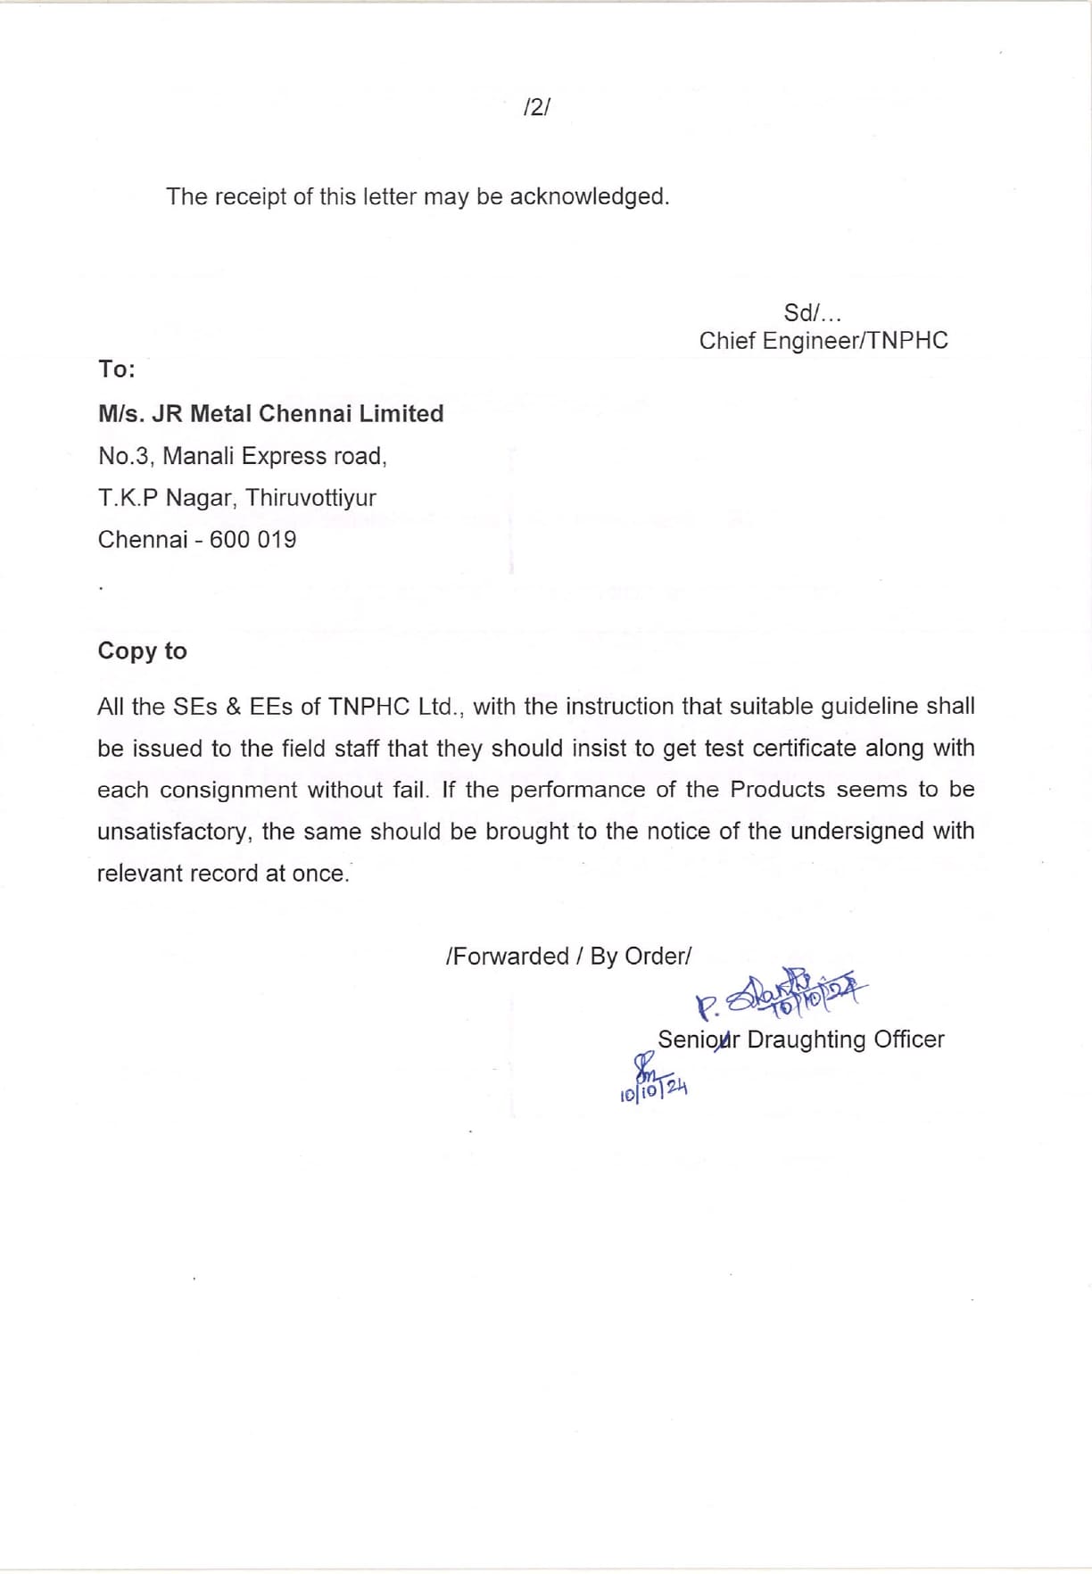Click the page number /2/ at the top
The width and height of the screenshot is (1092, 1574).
click(537, 108)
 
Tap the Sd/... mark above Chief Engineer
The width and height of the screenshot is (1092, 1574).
click(812, 313)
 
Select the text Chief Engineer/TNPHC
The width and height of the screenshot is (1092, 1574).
click(823, 341)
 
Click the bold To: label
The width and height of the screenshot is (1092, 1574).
click(117, 369)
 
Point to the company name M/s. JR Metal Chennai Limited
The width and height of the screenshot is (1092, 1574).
click(270, 414)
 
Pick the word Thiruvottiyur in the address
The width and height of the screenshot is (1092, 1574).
click(310, 498)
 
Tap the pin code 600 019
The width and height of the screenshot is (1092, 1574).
click(252, 540)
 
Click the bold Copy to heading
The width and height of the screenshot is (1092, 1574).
click(142, 651)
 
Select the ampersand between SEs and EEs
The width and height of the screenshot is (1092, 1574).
click(234, 707)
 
